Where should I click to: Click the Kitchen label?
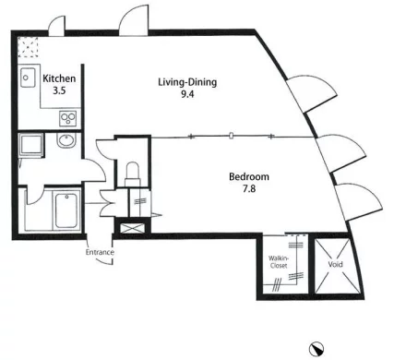pos(59,78)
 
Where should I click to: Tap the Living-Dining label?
pos(187,82)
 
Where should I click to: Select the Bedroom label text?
pos(249,176)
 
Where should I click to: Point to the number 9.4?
pos(187,94)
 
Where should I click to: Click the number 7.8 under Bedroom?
pos(249,188)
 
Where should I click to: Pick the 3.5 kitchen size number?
pos(59,90)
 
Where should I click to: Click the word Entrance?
pos(100,252)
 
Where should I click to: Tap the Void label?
pos(335,264)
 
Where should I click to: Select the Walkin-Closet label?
pos(279,262)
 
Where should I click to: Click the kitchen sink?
pos(28,78)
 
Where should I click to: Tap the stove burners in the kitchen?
pos(67,118)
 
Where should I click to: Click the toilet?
pos(133,174)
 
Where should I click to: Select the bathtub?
pos(66,210)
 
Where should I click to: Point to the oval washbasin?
pos(66,141)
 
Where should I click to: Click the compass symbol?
pos(316,349)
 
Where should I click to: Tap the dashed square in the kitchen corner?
pos(28,47)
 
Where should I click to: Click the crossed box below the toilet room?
pos(129,228)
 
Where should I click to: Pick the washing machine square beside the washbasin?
pos(30,144)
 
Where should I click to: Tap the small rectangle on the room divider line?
pos(232,135)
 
